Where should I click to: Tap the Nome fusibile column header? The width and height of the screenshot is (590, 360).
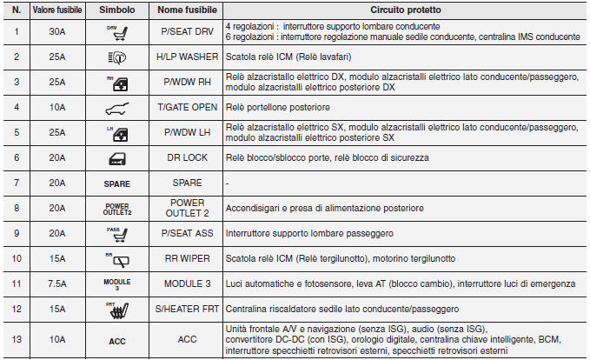(x=185, y=13)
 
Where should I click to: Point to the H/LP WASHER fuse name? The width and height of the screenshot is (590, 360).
(x=185, y=58)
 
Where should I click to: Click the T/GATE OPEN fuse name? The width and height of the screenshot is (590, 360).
(x=185, y=108)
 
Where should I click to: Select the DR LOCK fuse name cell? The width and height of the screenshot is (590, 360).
(x=185, y=158)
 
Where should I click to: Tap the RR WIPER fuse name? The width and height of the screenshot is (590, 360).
(x=185, y=259)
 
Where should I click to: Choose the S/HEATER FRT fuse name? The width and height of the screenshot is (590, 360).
(x=185, y=310)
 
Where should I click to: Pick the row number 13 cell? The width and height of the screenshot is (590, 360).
(x=17, y=339)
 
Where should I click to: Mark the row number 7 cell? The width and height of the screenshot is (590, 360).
(x=17, y=183)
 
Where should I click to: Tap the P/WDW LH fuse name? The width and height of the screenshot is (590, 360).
(x=185, y=133)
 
